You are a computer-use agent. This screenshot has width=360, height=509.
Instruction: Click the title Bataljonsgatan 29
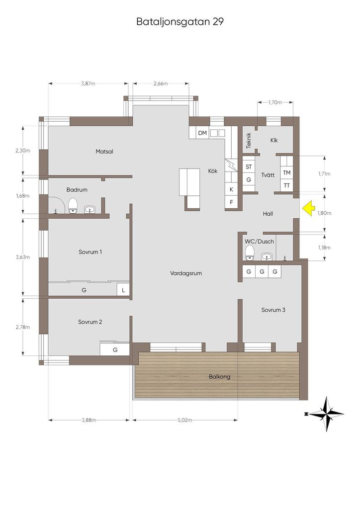click(x=180, y=22)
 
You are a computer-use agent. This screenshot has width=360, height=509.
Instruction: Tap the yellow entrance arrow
click(x=309, y=208)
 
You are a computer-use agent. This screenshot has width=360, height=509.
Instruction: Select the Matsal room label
click(x=104, y=151)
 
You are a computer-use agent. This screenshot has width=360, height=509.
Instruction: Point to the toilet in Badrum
click(x=73, y=205)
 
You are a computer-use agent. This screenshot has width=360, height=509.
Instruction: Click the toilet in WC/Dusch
click(x=250, y=253)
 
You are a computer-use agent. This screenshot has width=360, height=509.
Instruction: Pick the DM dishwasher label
click(x=202, y=133)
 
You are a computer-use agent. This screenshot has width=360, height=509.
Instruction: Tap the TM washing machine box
click(x=286, y=172)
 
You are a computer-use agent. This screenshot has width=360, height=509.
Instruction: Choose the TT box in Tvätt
click(x=286, y=186)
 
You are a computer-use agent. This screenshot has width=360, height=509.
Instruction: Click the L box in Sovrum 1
click(x=123, y=290)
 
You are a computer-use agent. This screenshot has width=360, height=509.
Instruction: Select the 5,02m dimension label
click(x=184, y=420)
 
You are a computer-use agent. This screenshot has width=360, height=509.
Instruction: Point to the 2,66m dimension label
click(x=161, y=84)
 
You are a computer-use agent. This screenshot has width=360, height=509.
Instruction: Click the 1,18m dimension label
click(x=324, y=248)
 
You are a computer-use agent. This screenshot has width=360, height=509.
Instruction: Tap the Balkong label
click(x=220, y=377)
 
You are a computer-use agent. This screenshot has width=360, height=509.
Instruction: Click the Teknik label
click(x=249, y=141)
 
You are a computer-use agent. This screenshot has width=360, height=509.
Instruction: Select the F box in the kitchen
click(x=231, y=202)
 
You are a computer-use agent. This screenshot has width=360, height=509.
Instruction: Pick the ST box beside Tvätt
click(x=249, y=167)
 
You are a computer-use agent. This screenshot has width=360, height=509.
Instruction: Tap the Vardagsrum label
click(x=186, y=273)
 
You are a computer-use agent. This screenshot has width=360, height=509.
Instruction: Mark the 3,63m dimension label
click(x=23, y=257)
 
